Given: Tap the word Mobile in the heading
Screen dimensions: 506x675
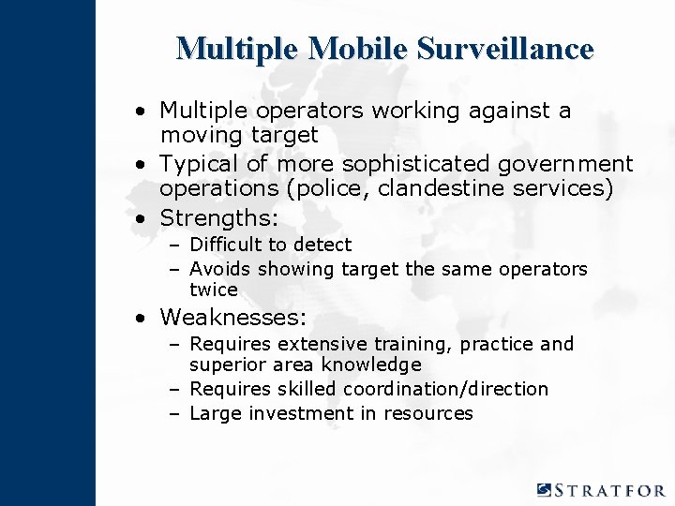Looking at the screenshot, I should [x=356, y=49].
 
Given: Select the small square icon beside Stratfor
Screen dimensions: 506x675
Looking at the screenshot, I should [x=545, y=489].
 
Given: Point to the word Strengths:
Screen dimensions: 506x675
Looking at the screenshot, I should [x=219, y=218].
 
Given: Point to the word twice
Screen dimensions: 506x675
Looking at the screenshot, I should [x=214, y=290].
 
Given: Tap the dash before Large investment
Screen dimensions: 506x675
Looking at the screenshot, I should [x=175, y=413].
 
